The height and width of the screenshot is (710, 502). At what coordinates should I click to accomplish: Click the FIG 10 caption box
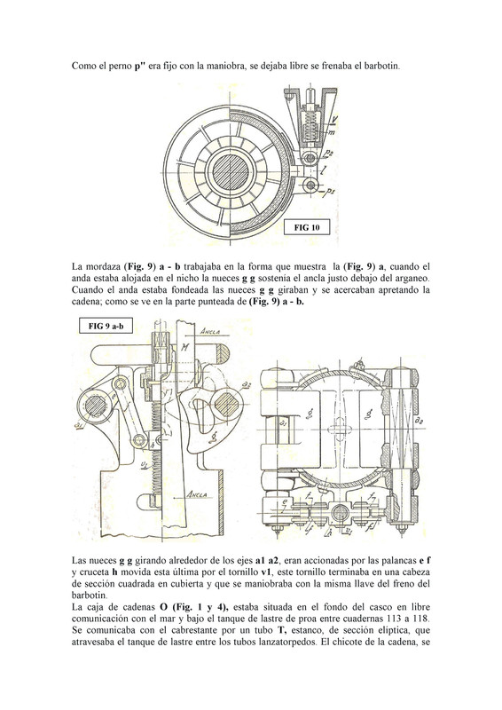click(307, 227)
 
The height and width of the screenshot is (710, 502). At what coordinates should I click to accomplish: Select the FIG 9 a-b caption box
click(106, 326)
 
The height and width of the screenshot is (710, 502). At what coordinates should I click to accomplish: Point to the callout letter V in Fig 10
click(333, 120)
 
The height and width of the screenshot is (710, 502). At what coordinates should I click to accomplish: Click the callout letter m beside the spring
click(331, 132)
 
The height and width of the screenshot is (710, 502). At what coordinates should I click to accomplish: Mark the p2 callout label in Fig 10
click(329, 154)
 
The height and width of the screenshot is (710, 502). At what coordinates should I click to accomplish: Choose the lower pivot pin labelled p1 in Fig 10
click(310, 185)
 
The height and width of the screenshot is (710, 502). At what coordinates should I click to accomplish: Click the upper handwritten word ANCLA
click(209, 331)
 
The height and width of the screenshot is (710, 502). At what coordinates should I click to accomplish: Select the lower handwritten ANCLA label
click(198, 494)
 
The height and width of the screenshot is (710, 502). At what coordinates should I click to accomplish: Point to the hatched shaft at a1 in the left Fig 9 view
click(95, 406)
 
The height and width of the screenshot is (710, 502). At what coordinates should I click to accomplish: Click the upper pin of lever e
click(120, 383)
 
